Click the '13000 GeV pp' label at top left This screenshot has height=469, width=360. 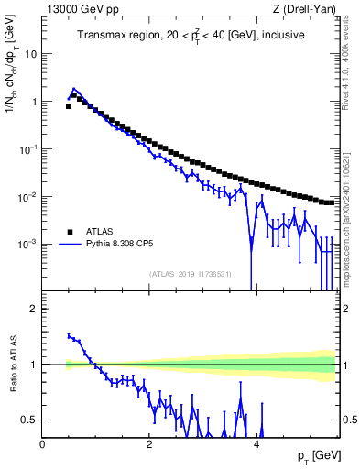(x=78, y=10)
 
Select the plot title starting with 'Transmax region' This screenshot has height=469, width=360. (x=191, y=36)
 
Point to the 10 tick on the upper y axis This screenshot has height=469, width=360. (x=32, y=54)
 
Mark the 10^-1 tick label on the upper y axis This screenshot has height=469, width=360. (x=30, y=148)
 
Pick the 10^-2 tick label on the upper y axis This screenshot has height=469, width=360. (x=30, y=196)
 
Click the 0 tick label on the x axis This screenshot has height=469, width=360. (x=43, y=444)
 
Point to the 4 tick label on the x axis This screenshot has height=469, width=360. (x=256, y=444)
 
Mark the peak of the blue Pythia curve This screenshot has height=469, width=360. (x=74, y=89)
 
